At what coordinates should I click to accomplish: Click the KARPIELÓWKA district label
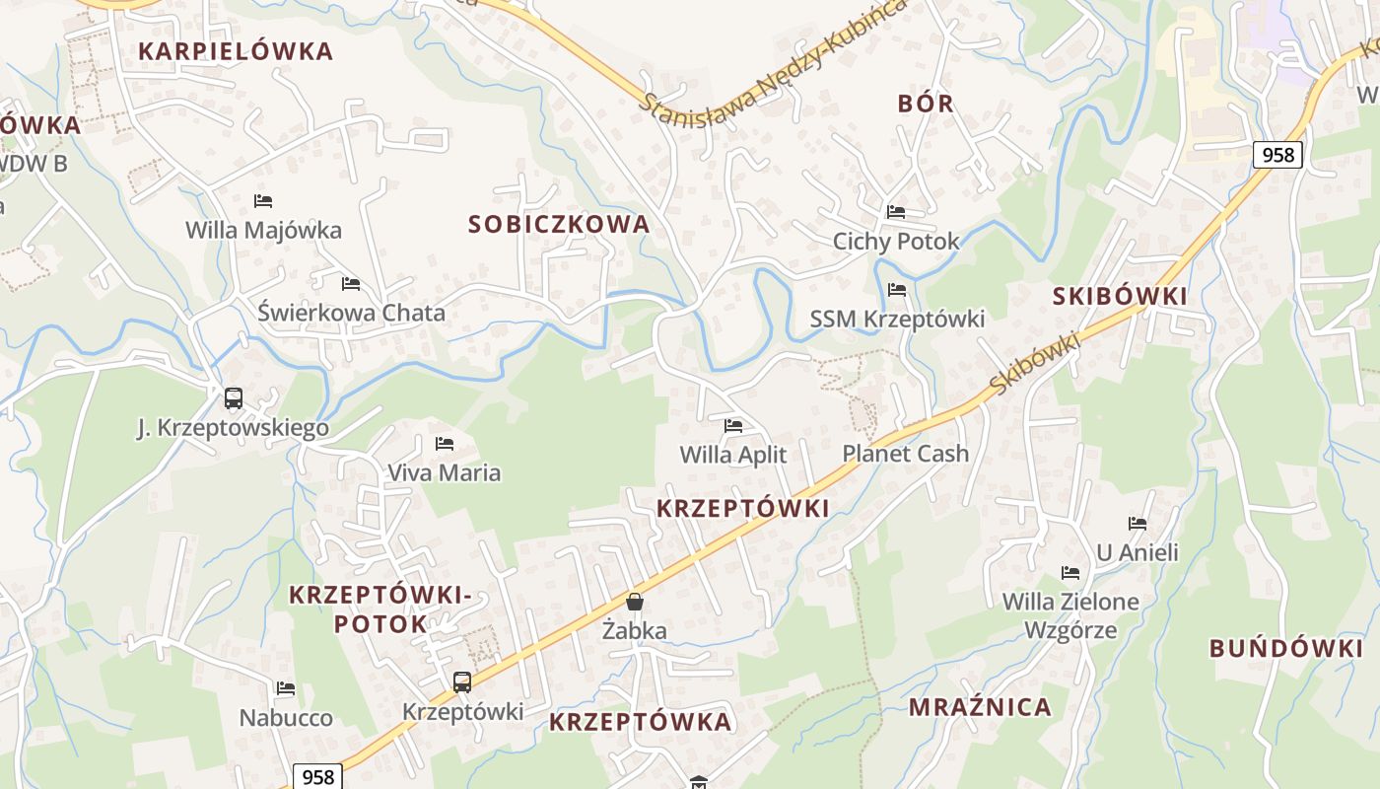pos(236,51)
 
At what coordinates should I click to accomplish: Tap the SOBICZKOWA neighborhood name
pos(559,224)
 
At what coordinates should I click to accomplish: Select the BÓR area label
pos(926,104)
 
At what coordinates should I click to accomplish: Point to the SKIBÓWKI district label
pos(1120,297)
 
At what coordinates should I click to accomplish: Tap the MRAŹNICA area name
pos(980,707)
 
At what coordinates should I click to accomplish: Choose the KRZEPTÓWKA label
pos(640,722)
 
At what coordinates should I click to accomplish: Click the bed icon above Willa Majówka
pos(263,201)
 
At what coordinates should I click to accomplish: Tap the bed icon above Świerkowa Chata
pos(351,284)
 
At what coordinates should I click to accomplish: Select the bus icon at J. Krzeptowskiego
pos(233,398)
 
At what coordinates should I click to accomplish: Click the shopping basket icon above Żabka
pos(635,602)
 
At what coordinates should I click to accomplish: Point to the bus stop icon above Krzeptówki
pos(461,681)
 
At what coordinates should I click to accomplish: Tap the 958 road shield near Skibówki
pos(1277,155)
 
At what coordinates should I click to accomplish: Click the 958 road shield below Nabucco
pos(317,776)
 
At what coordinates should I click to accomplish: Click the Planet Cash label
pos(905,454)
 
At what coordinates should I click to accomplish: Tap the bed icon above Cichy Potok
pos(896,212)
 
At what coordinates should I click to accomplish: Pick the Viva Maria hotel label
pos(444,472)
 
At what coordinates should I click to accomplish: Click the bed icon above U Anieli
pos(1138,524)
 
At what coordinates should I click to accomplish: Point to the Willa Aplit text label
pos(733,454)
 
